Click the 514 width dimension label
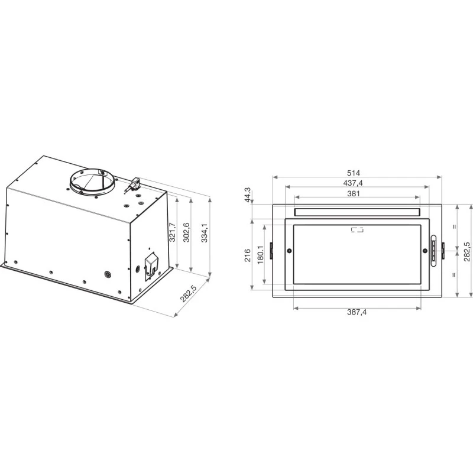coord(353,173)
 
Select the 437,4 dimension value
coord(353,183)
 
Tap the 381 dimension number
coord(353,193)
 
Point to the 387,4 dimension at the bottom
coord(357,312)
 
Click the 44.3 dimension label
coord(247,195)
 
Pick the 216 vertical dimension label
coord(247,255)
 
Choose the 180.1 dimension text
coord(261,255)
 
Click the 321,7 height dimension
coord(172,232)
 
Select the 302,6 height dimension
coord(186,232)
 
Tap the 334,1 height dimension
coord(204,233)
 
